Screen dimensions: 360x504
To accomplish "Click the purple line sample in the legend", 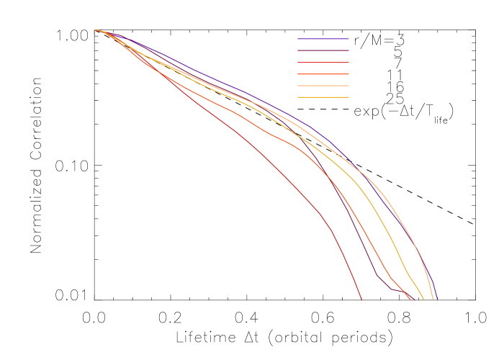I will (x=323, y=39).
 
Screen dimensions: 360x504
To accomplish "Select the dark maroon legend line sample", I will (x=323, y=50).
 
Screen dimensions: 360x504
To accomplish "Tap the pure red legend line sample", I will (x=323, y=63).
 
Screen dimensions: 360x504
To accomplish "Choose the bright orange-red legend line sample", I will (x=323, y=74).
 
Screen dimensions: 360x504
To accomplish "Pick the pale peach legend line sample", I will (x=323, y=86).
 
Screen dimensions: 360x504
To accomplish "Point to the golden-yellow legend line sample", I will (x=323, y=97).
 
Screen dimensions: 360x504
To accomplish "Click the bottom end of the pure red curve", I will (x=361, y=299).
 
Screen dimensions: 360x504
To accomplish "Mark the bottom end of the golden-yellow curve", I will (x=423, y=299).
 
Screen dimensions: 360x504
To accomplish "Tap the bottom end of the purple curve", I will (x=437, y=299).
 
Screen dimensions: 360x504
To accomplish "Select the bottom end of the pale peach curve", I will (x=433, y=299).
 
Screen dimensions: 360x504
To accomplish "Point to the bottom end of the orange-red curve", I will (x=410, y=299).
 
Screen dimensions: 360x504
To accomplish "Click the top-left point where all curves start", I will (x=94, y=30).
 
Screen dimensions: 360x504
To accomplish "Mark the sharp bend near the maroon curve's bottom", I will (x=377, y=275).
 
